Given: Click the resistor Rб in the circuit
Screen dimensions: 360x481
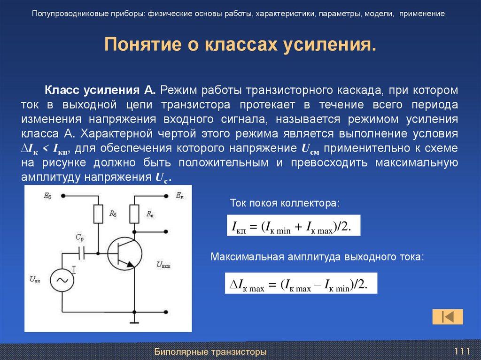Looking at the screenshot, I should point(99,214).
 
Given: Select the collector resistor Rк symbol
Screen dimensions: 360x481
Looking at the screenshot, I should point(135,214).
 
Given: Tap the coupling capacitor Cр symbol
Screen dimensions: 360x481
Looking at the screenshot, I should point(82,253).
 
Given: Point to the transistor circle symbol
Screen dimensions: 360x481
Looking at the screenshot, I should point(124,253).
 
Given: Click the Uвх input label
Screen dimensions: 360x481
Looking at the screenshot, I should point(35,280).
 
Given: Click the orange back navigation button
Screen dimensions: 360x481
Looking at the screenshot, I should point(448,317).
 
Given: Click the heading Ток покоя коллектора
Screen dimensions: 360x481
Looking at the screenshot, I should point(284,204).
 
